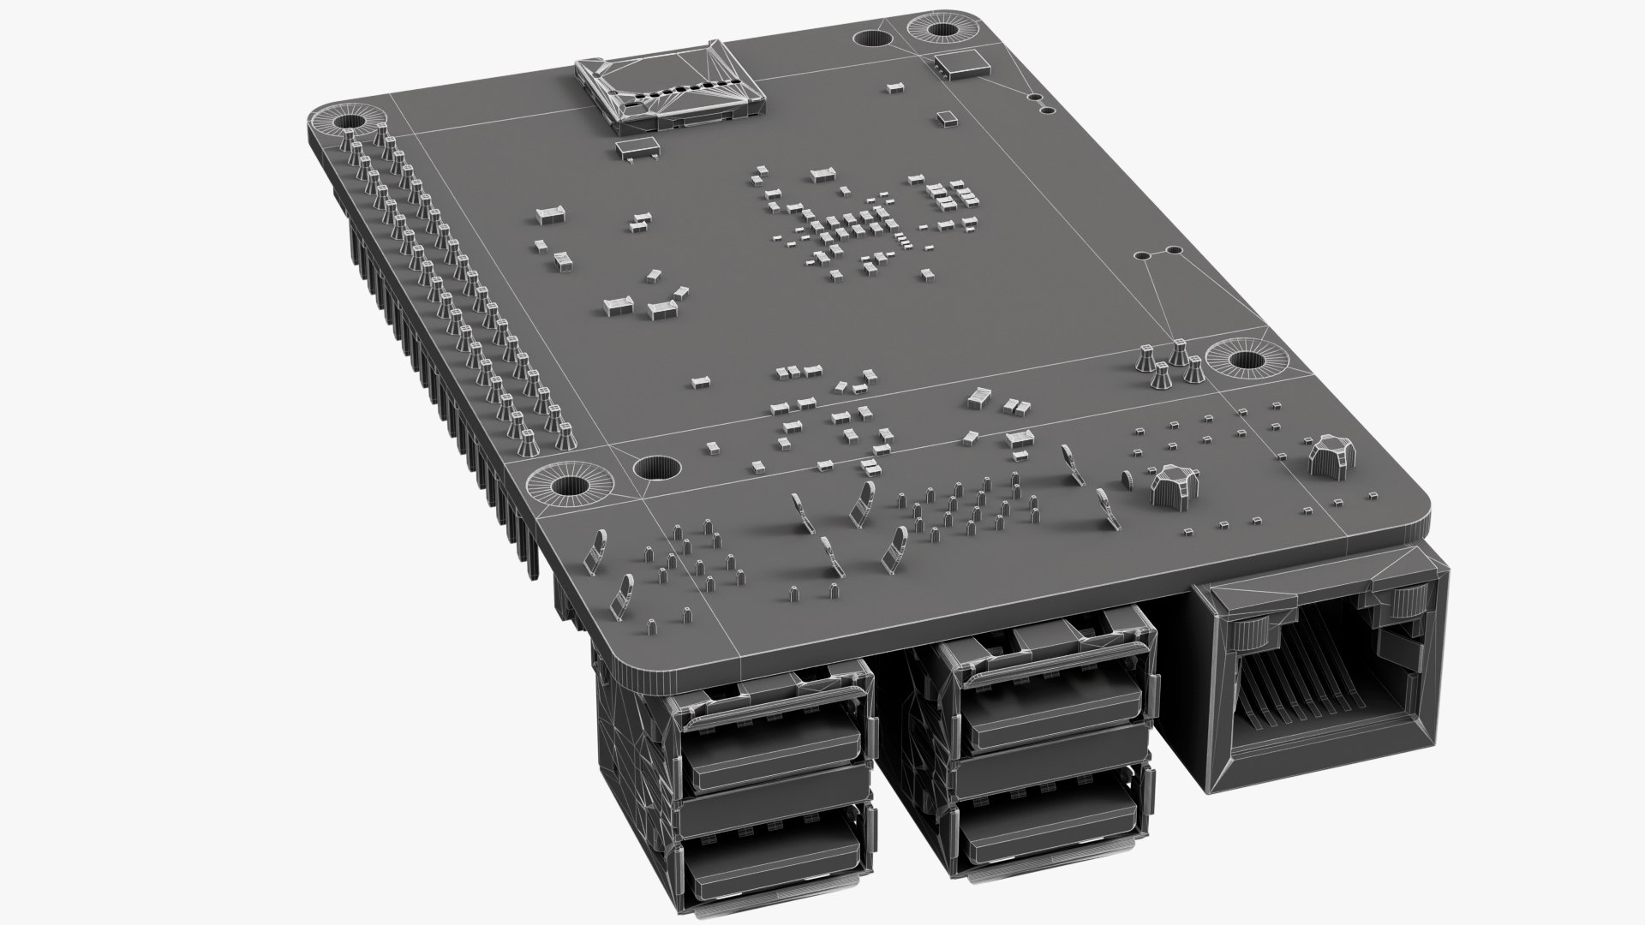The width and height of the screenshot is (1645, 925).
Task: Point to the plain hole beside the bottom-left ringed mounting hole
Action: click(655, 468)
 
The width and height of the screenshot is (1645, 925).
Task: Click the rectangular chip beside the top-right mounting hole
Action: click(960, 63)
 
